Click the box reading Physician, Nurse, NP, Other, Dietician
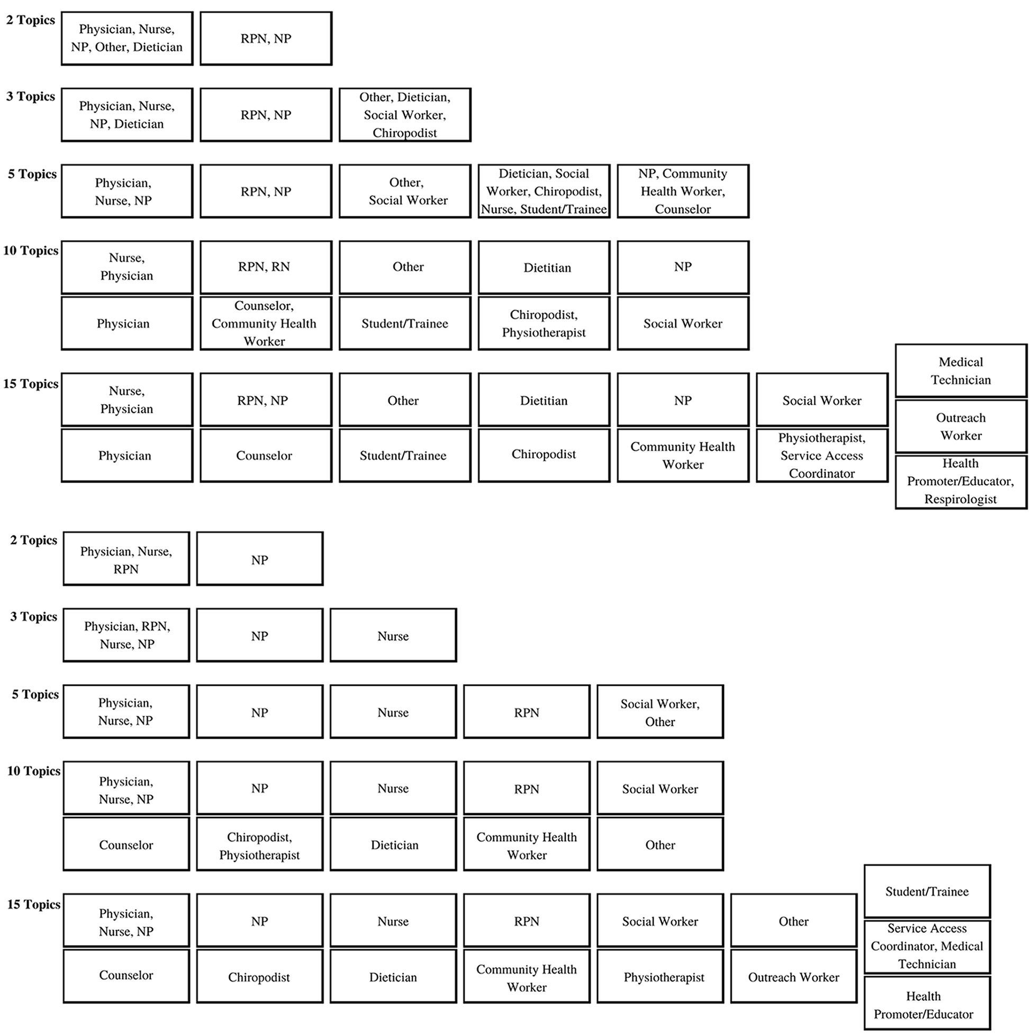127,39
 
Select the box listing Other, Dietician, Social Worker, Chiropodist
405,115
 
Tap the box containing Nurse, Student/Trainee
544,191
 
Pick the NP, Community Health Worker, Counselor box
683,191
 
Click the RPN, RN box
266,267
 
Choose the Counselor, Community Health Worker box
266,323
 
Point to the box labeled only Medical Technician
961,371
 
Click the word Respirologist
960,499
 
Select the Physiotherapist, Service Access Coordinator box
822,456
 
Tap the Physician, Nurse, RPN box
126,559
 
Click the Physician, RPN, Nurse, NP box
126,635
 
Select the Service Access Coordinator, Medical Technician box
927,946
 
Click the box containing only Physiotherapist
660,976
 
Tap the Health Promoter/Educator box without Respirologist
927,1003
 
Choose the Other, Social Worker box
405,191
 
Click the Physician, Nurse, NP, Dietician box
127,115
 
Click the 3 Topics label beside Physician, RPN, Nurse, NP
34,616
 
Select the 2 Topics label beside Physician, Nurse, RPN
34,540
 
